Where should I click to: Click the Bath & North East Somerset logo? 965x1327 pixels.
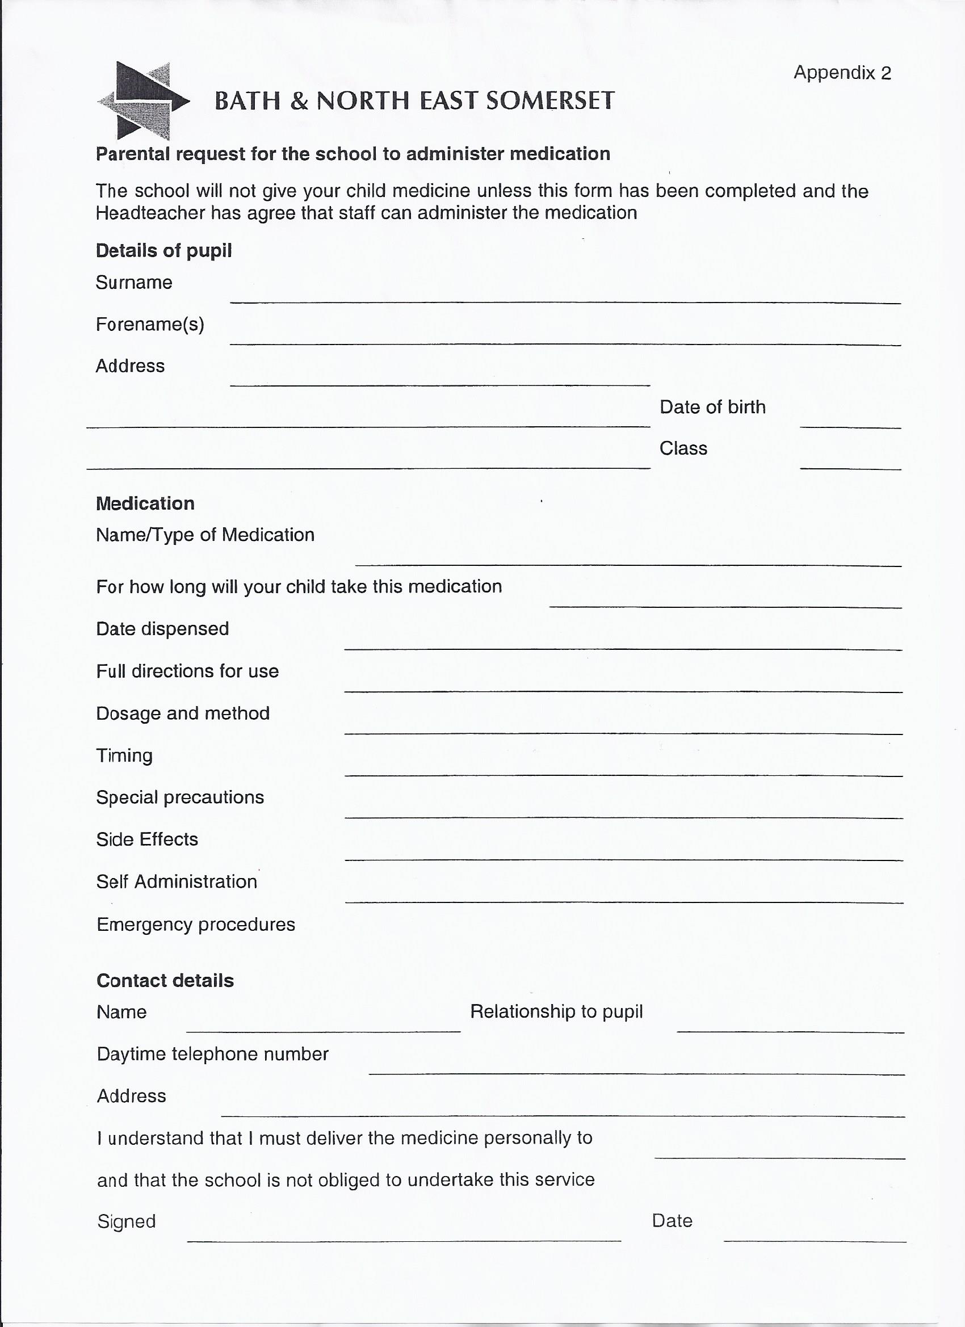pyautogui.click(x=143, y=100)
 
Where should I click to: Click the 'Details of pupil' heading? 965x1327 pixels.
pyautogui.click(x=164, y=250)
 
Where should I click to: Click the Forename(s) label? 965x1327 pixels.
pyautogui.click(x=150, y=324)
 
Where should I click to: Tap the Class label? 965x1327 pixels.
pyautogui.click(x=683, y=448)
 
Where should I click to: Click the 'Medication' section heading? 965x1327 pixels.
pyautogui.click(x=145, y=503)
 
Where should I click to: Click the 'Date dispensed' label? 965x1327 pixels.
pyautogui.click(x=163, y=629)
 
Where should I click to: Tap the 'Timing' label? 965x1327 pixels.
pyautogui.click(x=124, y=755)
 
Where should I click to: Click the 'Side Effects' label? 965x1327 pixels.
pyautogui.click(x=148, y=839)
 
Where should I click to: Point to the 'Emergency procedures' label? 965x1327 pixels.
pyautogui.click(x=196, y=925)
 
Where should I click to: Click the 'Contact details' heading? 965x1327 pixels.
pyautogui.click(x=165, y=981)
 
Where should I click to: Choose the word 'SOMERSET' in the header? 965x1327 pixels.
pyautogui.click(x=550, y=100)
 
